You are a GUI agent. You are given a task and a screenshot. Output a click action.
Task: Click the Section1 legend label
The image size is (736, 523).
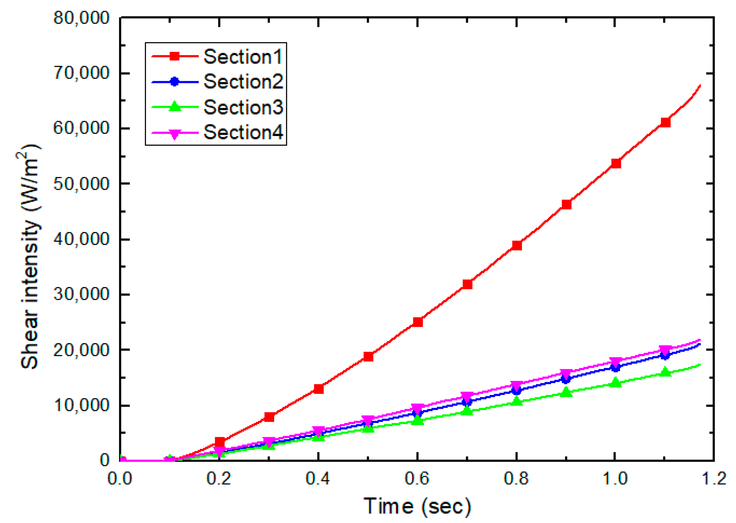tap(243, 57)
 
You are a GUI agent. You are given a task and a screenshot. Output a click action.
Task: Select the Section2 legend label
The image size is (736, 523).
tap(243, 81)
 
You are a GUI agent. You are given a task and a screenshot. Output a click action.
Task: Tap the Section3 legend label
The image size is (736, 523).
tap(243, 107)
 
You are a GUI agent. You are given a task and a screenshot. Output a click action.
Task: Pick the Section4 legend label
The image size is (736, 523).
tap(243, 132)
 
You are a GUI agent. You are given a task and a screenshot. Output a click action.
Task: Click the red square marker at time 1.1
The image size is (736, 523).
tap(665, 122)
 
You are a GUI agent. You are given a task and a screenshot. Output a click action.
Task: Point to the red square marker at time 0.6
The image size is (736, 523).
tap(417, 322)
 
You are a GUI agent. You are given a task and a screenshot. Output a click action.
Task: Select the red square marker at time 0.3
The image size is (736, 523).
tap(269, 417)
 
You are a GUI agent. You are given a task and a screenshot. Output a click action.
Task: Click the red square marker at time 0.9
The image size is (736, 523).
tap(566, 204)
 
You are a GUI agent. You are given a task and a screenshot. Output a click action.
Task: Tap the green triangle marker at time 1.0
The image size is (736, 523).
tap(615, 382)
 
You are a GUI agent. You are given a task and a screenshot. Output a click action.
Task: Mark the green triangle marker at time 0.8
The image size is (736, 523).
tap(517, 401)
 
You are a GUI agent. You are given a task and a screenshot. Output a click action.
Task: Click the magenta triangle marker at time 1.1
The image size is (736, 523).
tap(665, 350)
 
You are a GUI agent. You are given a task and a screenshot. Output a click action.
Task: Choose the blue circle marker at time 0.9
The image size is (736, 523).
tap(566, 379)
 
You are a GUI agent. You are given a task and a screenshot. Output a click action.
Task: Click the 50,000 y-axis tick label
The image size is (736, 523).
tap(81, 184)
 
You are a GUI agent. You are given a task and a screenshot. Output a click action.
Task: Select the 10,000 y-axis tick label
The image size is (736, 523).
tap(81, 405)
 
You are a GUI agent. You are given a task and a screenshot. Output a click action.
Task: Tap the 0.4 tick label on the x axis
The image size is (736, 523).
tap(318, 479)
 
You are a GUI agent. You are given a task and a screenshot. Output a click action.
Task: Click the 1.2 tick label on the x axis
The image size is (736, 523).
tap(713, 479)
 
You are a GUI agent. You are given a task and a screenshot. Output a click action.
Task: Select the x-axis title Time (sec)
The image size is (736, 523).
tap(417, 506)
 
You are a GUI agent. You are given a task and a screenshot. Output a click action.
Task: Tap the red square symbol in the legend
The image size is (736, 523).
tap(174, 56)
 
